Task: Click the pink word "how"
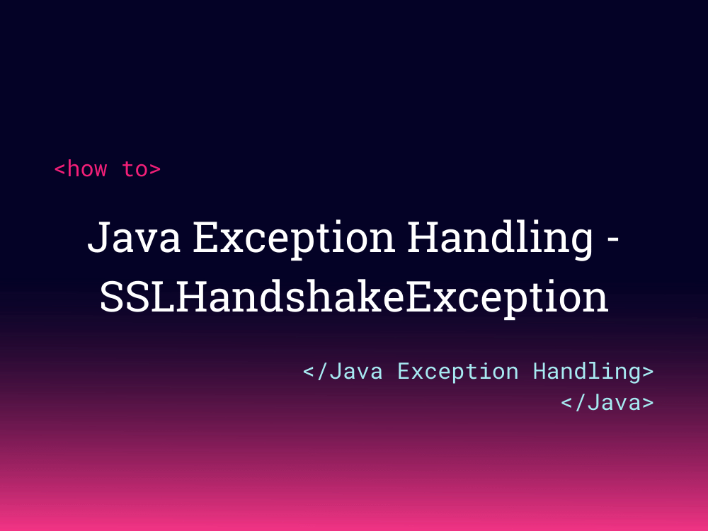tap(87, 169)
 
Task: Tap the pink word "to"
tap(135, 169)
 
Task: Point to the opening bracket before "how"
tap(59, 169)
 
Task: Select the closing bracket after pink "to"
tap(155, 169)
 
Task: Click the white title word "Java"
tap(134, 237)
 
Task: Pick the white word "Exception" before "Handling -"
tap(294, 240)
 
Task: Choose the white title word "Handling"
tap(500, 240)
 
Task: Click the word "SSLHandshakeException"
tap(354, 299)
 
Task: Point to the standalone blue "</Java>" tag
tap(607, 402)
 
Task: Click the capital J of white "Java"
tap(99, 237)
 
